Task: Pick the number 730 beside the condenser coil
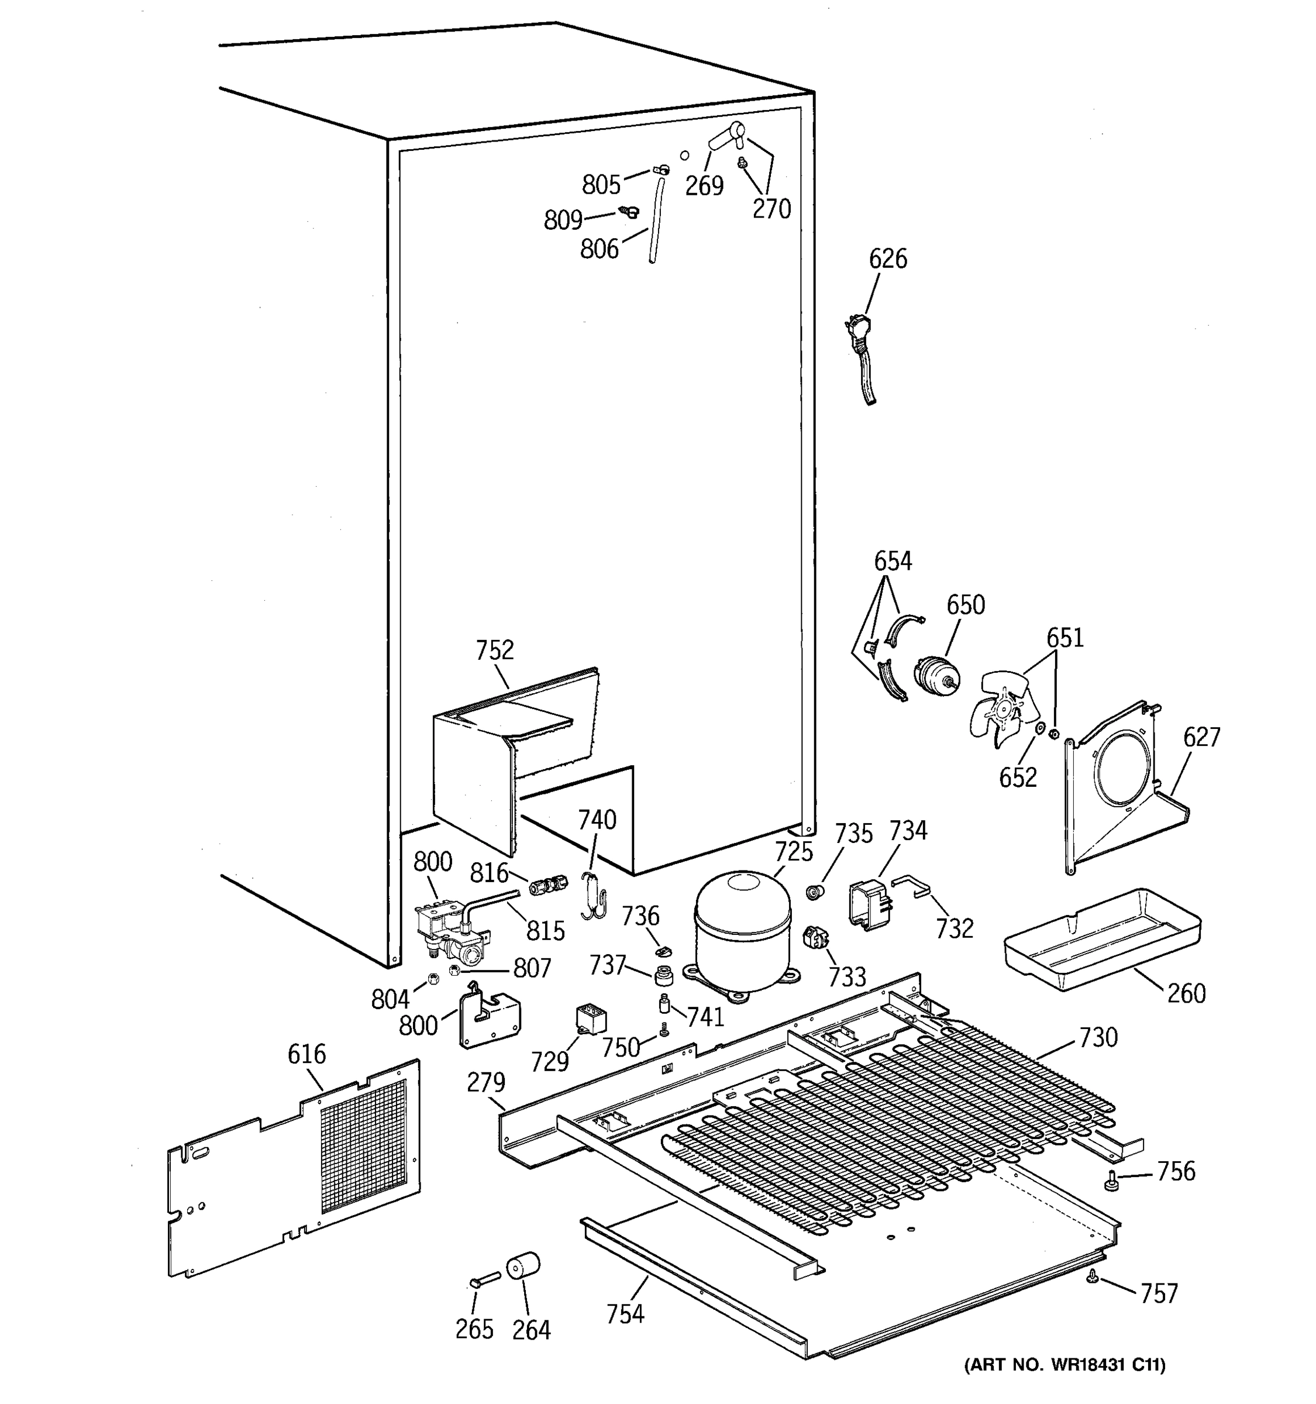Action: (1098, 1037)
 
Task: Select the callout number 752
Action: (494, 650)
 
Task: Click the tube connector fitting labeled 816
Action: (549, 883)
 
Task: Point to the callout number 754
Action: (625, 1313)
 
